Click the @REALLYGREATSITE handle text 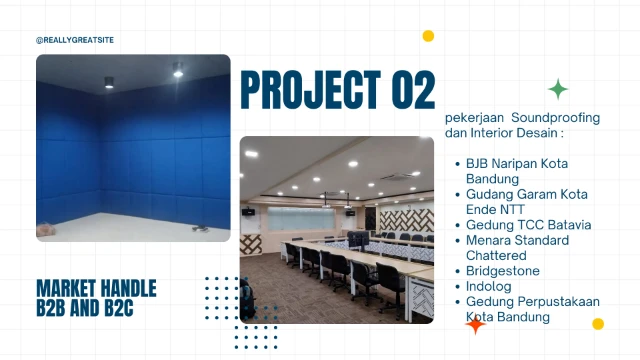73,40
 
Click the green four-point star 559,89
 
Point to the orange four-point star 476,324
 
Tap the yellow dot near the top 428,36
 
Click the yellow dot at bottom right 598,323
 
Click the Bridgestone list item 502,271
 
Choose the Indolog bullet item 488,286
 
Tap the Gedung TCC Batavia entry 528,225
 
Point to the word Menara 489,241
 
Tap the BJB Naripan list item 505,163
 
